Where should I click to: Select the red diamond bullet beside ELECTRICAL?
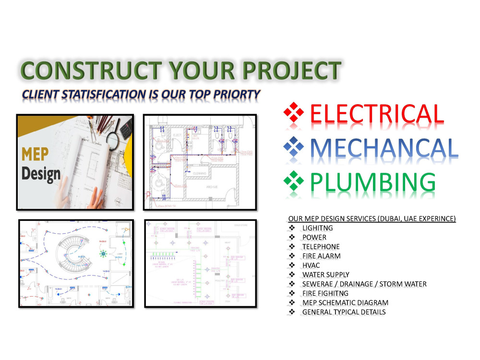tap(294, 114)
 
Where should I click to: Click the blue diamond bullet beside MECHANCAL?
tap(294, 147)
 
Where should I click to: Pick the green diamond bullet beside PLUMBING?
tap(294, 181)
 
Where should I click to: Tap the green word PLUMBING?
tap(373, 182)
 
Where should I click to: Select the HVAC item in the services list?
tap(311, 265)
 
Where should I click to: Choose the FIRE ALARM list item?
tap(321, 256)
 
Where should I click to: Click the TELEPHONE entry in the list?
tap(321, 247)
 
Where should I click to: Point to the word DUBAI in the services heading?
tap(392, 219)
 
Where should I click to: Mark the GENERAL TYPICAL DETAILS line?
tap(344, 312)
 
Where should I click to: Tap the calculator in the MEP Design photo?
tap(126, 129)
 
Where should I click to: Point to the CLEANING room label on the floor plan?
tap(200, 173)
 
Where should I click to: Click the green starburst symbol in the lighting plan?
tap(102, 253)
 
